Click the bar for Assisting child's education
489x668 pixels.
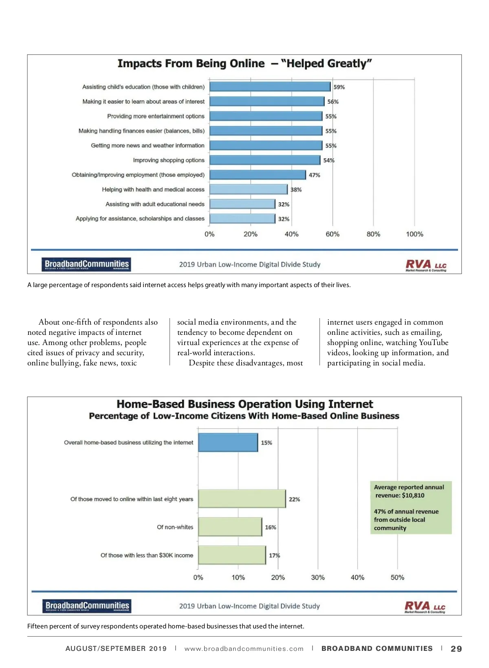pos(270,87)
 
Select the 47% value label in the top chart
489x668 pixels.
pos(314,175)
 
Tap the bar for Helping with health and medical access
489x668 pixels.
pos(249,189)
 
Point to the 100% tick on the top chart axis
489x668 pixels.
pos(414,234)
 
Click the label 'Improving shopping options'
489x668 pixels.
pos(169,160)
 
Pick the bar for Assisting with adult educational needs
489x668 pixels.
pos(242,204)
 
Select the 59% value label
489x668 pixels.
pos(339,87)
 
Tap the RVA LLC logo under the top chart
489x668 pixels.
pos(426,265)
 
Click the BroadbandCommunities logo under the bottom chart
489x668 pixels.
pos(87,606)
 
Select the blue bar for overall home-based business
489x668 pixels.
pos(228,442)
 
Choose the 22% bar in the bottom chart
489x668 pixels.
pos(242,499)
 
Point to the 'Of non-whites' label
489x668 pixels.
pos(175,527)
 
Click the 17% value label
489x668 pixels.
pos(274,555)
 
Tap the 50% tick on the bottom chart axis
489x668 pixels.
pos(397,577)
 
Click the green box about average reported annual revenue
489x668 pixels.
pos(411,507)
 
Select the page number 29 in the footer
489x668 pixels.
pos(456,649)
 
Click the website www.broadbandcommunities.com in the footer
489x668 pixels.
pos(244,649)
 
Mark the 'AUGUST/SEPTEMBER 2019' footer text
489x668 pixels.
pos(116,649)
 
